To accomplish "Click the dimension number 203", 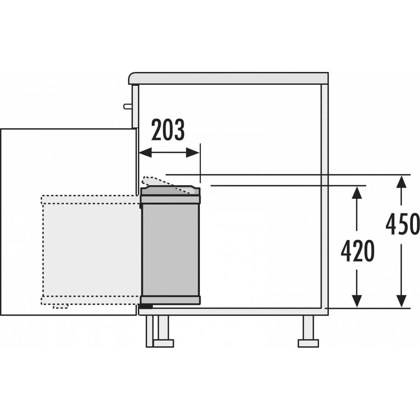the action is coord(168,130).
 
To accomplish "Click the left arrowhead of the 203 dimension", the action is coord(145,153).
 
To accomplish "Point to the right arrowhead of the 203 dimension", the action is coord(193,153).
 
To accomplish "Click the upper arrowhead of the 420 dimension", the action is coord(357,192).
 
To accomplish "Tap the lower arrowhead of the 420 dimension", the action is coord(357,301).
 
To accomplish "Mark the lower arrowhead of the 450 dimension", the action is coord(401,301).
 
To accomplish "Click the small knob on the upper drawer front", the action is coord(128,107).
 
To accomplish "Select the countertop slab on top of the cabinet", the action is coord(228,78).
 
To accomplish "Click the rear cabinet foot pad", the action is coord(308,343).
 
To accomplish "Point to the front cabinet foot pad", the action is coord(163,343).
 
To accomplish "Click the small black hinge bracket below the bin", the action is coord(146,306).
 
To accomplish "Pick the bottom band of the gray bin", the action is coord(170,300).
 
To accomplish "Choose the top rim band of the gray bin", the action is coord(170,199).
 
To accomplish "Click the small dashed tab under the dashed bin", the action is coord(60,306).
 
